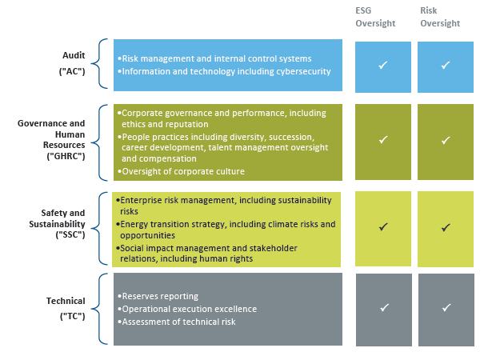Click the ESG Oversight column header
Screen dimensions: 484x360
click(375, 17)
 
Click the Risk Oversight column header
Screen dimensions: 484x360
click(440, 17)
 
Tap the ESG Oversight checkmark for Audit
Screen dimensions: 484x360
click(382, 65)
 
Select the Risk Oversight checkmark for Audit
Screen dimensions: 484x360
click(445, 65)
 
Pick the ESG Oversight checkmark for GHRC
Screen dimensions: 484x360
click(382, 140)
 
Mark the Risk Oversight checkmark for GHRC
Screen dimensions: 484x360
click(446, 141)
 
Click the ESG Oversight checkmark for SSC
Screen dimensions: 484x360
click(383, 227)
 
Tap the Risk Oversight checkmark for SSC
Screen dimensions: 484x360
click(446, 227)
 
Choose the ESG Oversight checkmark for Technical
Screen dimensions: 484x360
click(384, 307)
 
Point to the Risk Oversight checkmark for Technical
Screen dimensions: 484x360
click(446, 307)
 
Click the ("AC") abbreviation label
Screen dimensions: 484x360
click(72, 71)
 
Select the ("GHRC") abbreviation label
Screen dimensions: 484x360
click(66, 156)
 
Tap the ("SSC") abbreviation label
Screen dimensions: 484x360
click(70, 234)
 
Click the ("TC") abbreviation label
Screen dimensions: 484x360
click(73, 316)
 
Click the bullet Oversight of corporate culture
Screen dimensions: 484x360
click(181, 171)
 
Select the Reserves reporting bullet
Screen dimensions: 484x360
click(158, 296)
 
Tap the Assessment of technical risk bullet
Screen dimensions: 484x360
click(177, 322)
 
